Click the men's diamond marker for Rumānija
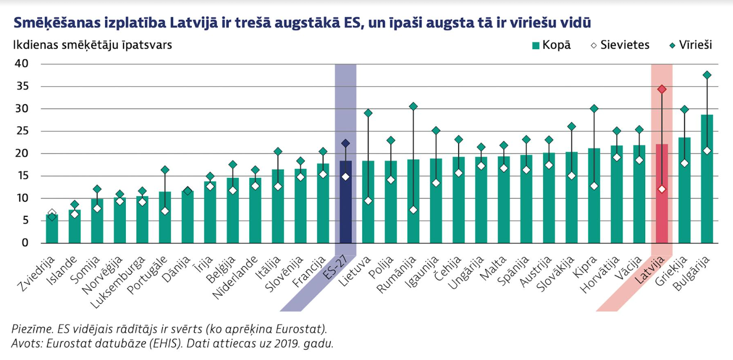[413, 107]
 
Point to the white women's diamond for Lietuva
[368, 200]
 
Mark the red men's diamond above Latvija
[662, 89]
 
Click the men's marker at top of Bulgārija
[707, 75]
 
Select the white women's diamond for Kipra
[594, 186]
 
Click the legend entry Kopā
[551, 45]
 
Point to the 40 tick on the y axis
[22, 64]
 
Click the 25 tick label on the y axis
[22, 131]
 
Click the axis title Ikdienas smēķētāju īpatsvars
[92, 45]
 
